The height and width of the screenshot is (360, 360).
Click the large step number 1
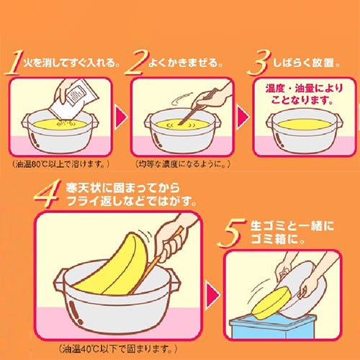coord(13,63)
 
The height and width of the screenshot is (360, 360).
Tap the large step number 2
coord(135,63)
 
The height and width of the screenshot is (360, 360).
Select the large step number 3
coord(259,63)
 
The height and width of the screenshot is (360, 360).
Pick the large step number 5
coord(231,233)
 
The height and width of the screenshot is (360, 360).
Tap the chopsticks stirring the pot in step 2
coord(199,107)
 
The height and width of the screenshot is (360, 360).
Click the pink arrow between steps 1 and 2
coord(122,117)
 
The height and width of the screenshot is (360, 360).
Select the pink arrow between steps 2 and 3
coord(243,117)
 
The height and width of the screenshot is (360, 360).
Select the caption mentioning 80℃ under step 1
coord(60,165)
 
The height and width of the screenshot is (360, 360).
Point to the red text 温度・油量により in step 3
coord(304,89)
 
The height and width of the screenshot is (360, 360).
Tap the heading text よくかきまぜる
coord(186,63)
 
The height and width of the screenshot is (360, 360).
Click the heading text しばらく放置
coord(307,63)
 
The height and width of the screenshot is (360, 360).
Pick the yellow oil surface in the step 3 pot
coord(305,125)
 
